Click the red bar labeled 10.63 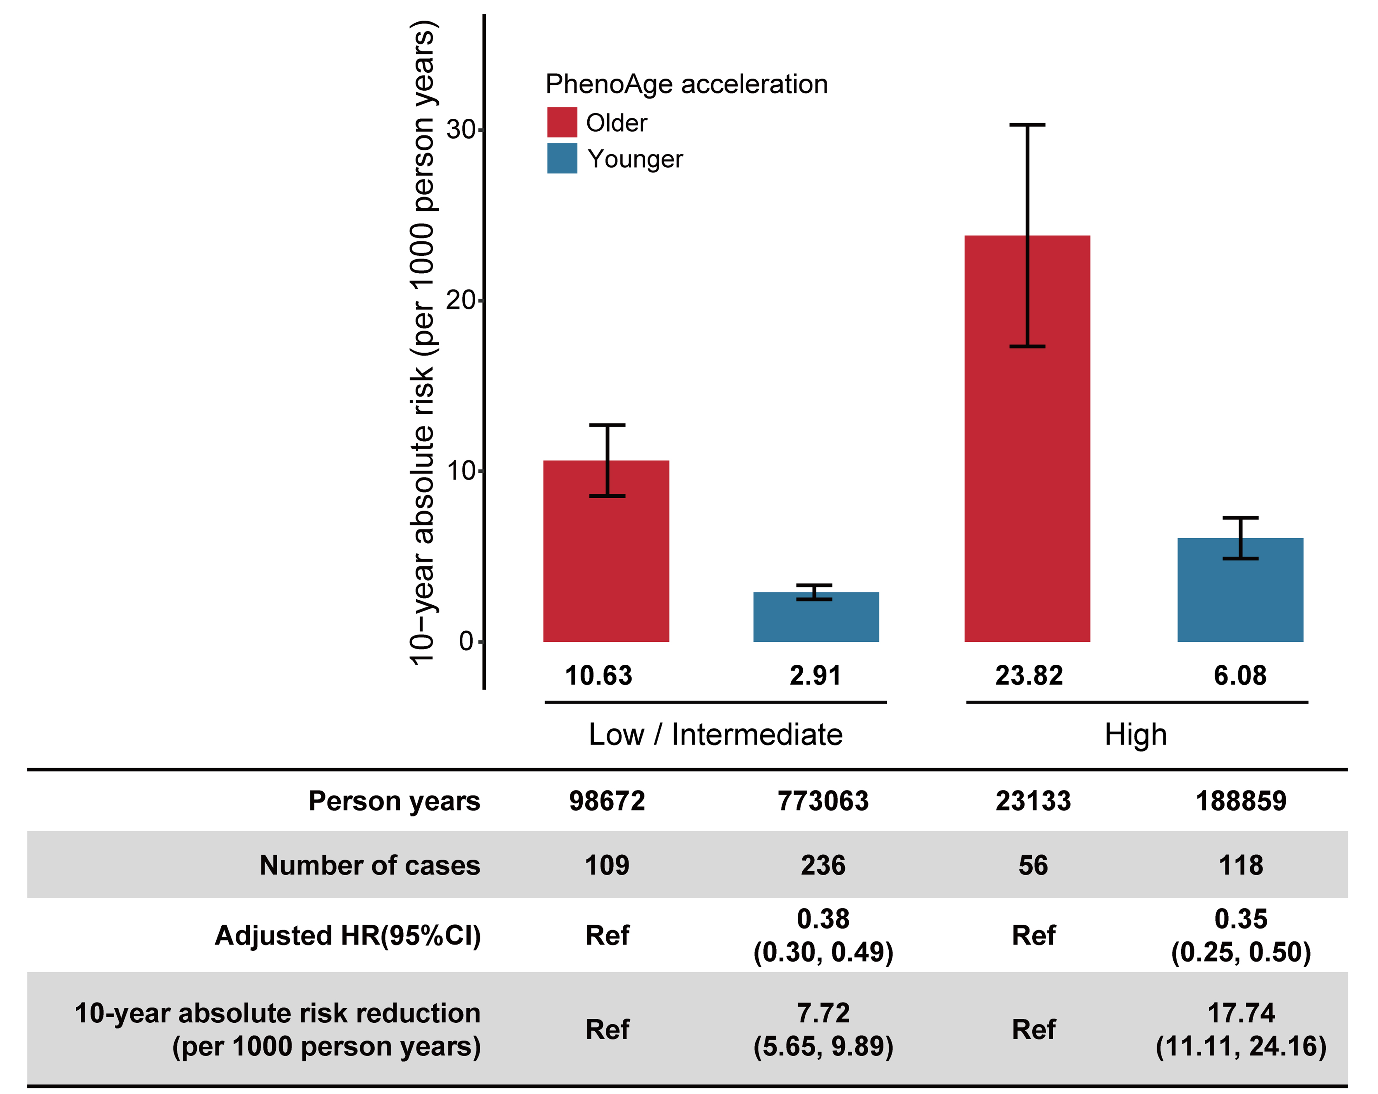click(x=606, y=563)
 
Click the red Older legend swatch click(x=562, y=122)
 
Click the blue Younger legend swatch click(x=562, y=158)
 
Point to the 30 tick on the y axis click(x=461, y=130)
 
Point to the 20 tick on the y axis click(x=461, y=300)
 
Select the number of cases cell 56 click(x=1033, y=865)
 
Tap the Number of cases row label click(x=369, y=865)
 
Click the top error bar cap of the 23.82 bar click(x=1027, y=125)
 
